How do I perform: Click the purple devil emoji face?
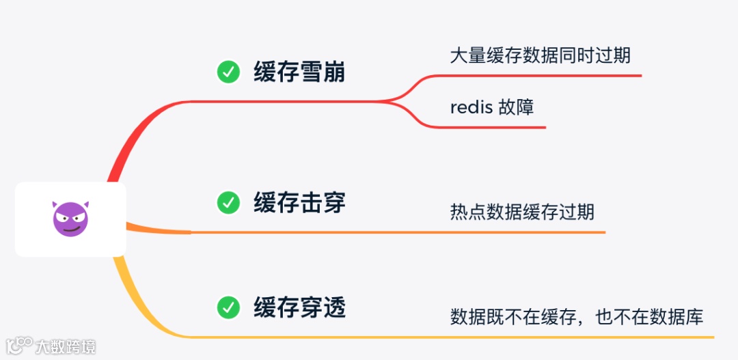tap(70, 219)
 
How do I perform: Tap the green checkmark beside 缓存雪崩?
tap(228, 72)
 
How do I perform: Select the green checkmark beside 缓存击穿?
tap(228, 202)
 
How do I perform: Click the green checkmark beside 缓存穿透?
tap(228, 307)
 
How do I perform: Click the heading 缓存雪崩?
tap(299, 72)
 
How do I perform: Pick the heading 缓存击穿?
tap(299, 202)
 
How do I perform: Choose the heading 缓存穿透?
tap(299, 307)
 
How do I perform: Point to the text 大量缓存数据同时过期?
tap(540, 55)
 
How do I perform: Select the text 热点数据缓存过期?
tap(522, 212)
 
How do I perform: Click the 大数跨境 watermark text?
tap(66, 346)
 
